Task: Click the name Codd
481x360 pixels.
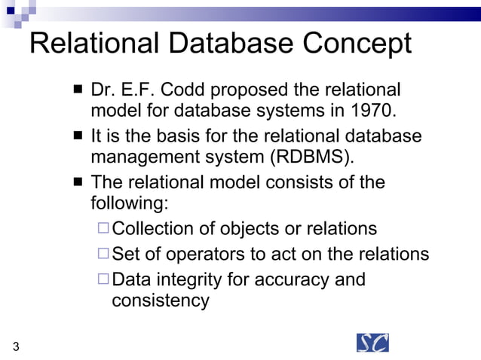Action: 179,90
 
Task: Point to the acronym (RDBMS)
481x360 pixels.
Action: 311,158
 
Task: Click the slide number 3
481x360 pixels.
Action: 16,346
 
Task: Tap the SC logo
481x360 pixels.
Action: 372,342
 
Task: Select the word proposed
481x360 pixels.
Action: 249,90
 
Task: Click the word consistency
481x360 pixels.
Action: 160,301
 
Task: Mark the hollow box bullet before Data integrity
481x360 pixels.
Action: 104,280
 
